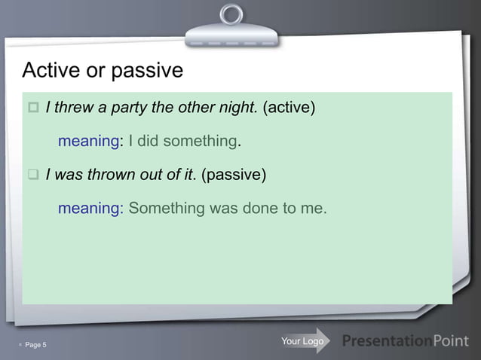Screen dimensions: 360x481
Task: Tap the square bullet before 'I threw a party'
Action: click(33, 108)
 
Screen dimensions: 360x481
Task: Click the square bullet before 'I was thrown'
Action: click(33, 175)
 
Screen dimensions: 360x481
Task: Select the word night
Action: click(238, 107)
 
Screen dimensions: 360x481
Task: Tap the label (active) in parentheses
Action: click(288, 107)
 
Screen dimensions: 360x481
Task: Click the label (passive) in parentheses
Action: click(234, 175)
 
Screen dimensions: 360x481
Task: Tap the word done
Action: click(260, 208)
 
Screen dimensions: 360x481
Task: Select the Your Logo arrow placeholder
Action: click(303, 341)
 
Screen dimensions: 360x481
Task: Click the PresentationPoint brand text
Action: click(405, 341)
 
